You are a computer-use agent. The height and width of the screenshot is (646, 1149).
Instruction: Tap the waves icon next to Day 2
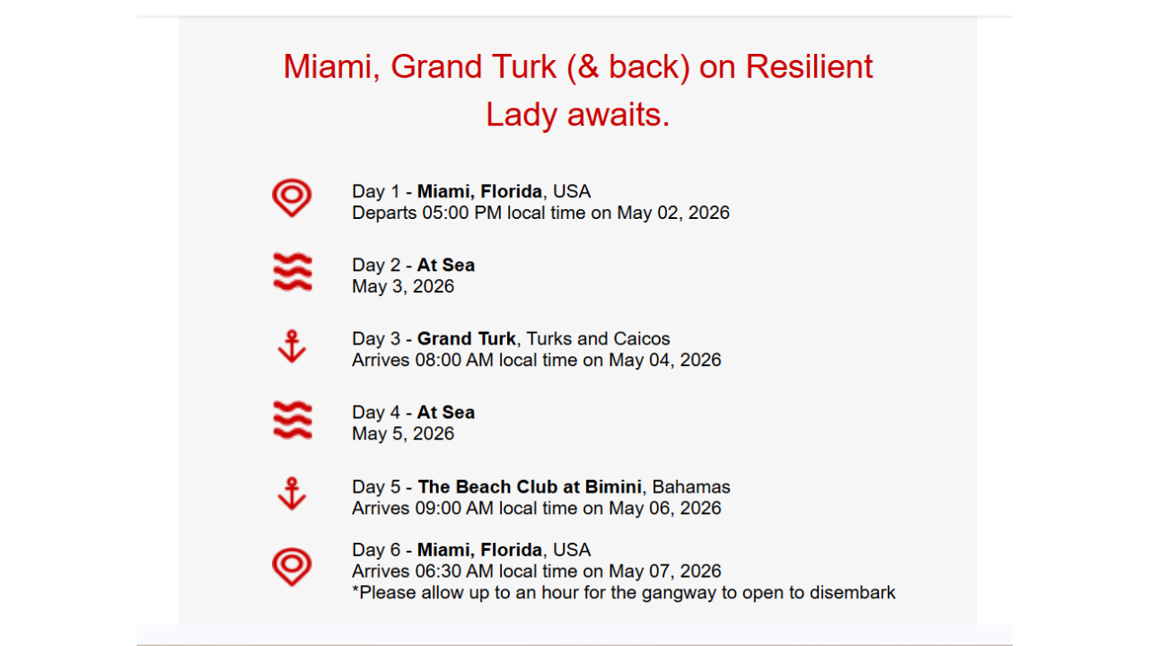(x=292, y=272)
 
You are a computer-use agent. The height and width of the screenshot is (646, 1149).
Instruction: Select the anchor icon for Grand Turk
(x=292, y=346)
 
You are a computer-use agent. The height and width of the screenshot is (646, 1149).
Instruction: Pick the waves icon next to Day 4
(x=292, y=420)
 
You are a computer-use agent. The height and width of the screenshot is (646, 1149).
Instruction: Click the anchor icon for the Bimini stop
(x=292, y=493)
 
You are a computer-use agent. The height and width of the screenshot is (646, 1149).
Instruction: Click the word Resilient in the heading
(x=809, y=66)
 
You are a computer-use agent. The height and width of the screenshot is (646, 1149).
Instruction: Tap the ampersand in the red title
(x=588, y=67)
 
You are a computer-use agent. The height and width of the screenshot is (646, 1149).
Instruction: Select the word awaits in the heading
(x=618, y=114)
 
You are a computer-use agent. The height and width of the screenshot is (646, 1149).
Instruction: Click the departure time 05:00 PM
(x=461, y=213)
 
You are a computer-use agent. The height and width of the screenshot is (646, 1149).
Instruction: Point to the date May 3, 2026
(x=403, y=286)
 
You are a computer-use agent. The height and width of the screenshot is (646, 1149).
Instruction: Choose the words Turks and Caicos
(x=598, y=339)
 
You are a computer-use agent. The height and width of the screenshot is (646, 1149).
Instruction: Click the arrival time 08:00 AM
(x=454, y=360)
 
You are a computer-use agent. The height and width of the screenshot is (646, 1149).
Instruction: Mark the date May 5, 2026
(x=403, y=433)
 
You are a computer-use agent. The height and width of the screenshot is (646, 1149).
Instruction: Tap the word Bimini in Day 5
(x=613, y=486)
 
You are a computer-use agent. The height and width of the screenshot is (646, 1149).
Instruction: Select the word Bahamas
(x=691, y=486)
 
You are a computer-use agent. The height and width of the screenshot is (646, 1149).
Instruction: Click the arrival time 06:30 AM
(x=454, y=572)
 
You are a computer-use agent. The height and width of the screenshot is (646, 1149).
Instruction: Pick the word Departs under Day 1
(x=384, y=213)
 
